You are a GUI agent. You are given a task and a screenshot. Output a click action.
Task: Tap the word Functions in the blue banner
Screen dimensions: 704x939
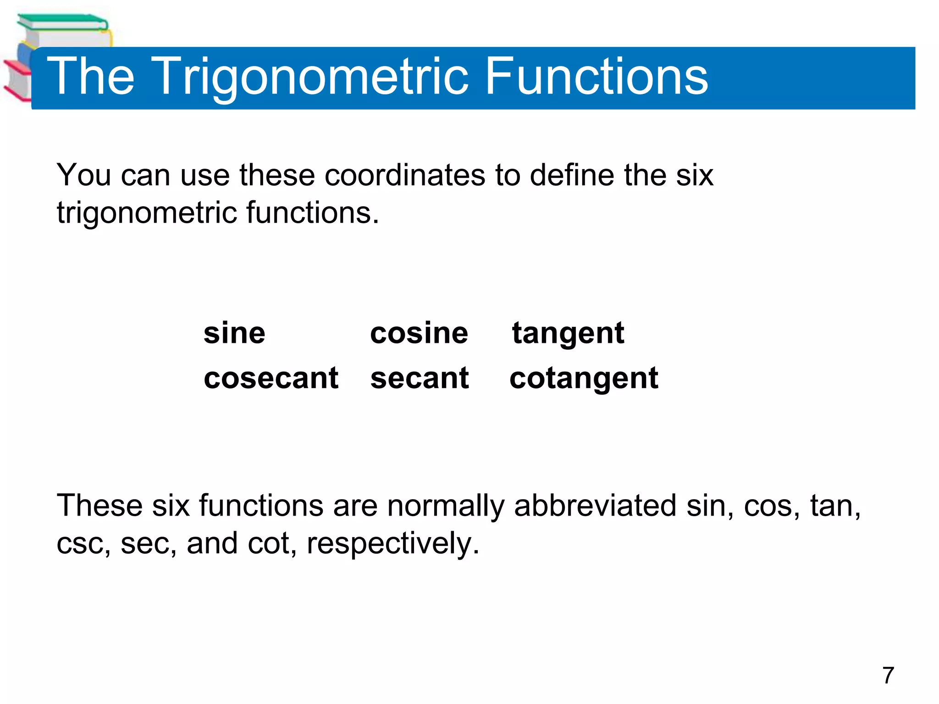pos(596,77)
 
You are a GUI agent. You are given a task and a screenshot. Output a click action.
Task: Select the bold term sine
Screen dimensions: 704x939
pos(234,333)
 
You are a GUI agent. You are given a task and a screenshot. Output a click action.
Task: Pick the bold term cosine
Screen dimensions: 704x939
pos(419,333)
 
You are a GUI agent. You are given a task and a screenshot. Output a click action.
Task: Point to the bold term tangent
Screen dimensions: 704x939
pos(568,334)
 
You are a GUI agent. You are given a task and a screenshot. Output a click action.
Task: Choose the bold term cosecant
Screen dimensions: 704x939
pos(271,378)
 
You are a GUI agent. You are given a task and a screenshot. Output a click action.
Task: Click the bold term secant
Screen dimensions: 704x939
pos(420,378)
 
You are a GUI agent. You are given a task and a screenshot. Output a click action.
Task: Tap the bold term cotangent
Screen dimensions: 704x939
pos(584,379)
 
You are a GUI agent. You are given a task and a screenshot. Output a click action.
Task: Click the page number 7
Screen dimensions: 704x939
pos(888,675)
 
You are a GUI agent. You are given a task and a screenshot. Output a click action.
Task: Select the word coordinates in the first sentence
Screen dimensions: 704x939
pos(404,175)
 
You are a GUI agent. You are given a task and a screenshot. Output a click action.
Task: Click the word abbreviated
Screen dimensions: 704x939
pos(595,506)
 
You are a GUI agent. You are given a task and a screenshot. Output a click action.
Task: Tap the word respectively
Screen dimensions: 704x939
pos(392,544)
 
